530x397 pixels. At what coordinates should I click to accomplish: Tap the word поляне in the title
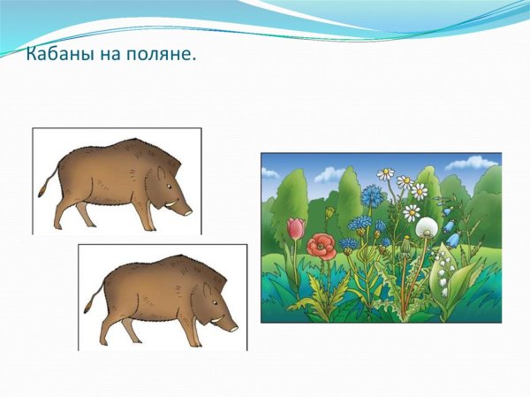pos(163,55)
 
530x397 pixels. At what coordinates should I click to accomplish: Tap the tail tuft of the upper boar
pos(41,191)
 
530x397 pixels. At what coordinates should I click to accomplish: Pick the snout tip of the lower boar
pos(236,326)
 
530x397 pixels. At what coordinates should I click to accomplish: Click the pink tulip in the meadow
pos(295,229)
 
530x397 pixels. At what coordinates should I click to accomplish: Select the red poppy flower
pos(322,245)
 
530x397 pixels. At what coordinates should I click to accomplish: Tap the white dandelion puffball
pos(427,227)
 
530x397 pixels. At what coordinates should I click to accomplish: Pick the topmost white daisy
pos(385,173)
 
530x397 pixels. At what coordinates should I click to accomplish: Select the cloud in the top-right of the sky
pos(473,164)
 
